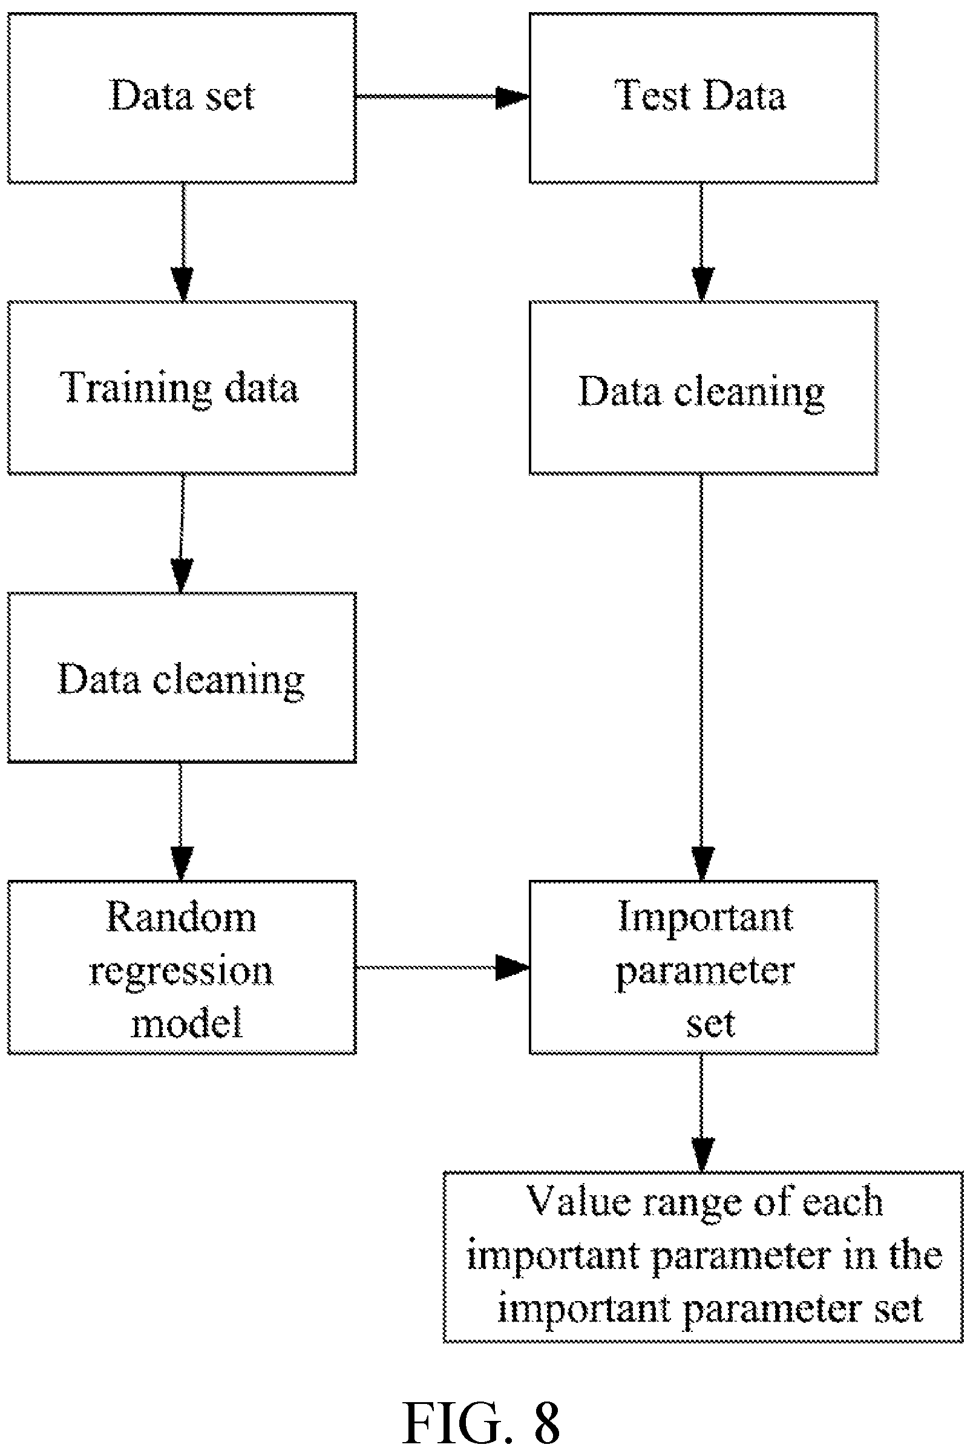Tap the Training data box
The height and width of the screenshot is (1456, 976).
point(182,388)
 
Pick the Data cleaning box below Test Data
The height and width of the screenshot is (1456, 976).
point(703,388)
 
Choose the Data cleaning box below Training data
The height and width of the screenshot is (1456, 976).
point(182,677)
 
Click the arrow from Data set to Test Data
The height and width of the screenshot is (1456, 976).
point(442,97)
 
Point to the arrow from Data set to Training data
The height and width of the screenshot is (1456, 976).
point(182,243)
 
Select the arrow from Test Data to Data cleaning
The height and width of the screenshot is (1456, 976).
point(703,243)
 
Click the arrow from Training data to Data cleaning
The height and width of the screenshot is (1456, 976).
point(182,534)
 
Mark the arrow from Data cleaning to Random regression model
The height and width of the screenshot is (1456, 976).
point(181,822)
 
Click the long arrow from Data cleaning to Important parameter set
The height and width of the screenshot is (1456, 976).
point(702,678)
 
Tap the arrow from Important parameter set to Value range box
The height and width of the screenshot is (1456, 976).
point(702,1113)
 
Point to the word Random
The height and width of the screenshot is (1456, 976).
point(181,917)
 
